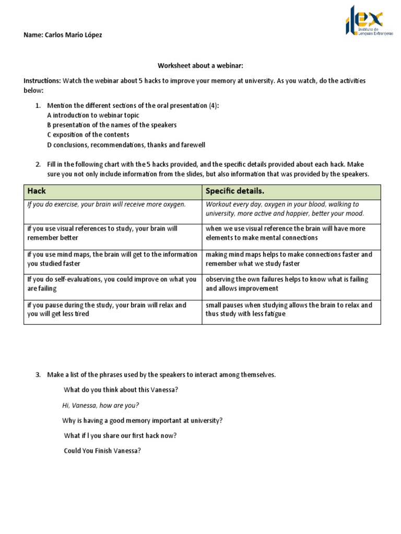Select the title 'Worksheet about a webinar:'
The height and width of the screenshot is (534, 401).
click(200, 66)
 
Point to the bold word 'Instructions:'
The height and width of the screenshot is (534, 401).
click(42, 81)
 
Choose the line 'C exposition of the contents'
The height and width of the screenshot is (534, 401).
click(88, 135)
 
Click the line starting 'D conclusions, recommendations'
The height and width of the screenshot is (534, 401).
click(126, 145)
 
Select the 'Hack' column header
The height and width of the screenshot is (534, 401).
click(37, 191)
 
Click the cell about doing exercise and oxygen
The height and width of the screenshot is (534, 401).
click(107, 204)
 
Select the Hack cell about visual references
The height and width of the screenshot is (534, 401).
click(102, 233)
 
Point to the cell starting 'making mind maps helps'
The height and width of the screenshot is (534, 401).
click(289, 259)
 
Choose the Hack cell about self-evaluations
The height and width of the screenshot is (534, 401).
click(112, 284)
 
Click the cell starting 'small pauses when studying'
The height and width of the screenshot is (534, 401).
click(289, 309)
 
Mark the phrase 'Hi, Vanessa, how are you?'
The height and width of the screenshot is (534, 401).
click(101, 405)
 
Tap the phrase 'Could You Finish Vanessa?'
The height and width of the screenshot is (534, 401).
click(102, 451)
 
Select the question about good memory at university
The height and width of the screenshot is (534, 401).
click(142, 420)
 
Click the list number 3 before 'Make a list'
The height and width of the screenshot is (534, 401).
click(38, 375)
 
